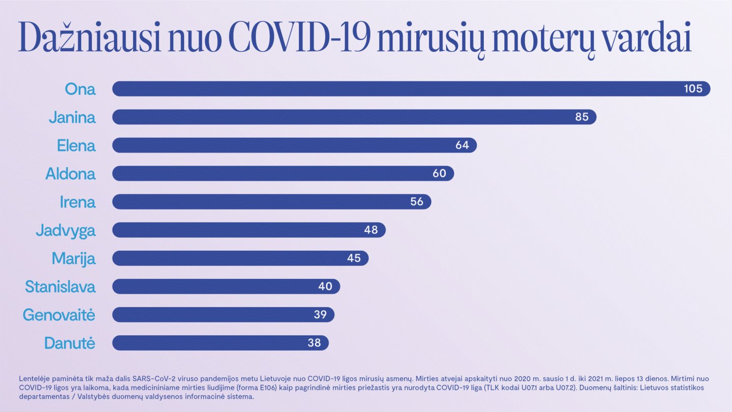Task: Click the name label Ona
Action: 80,89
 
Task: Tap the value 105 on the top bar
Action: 693,89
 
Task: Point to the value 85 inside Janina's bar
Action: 582,117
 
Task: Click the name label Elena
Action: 76,146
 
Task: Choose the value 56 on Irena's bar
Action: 416,202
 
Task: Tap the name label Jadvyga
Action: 65,230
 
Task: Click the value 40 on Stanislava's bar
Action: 325,286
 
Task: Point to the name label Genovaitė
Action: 59,315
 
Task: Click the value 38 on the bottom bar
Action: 314,343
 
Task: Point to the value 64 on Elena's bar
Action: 462,145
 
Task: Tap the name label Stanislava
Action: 60,287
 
